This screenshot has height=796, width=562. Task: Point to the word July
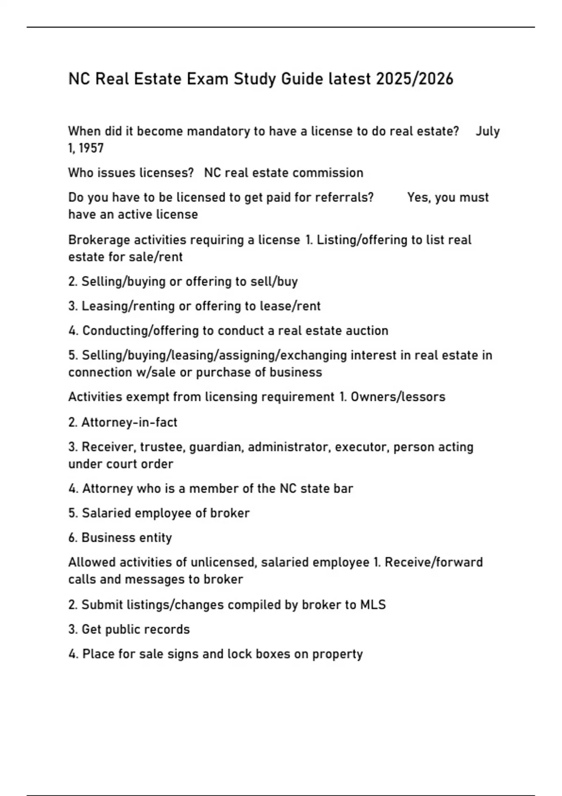[x=488, y=131]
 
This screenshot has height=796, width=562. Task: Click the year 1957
[x=91, y=148]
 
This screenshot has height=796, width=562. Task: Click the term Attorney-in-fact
[x=129, y=422]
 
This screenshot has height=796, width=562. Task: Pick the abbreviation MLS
[x=373, y=605]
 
